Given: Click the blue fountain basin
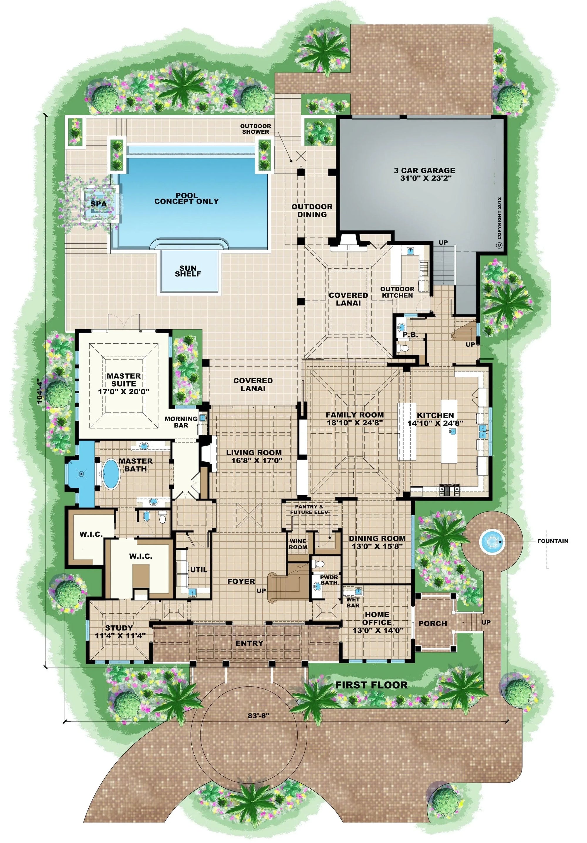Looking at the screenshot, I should (x=491, y=540).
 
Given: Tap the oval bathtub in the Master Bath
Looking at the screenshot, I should (x=111, y=474).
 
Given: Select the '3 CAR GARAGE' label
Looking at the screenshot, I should (x=424, y=174).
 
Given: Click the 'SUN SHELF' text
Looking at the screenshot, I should (x=188, y=271).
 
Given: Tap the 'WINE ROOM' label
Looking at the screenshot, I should (x=298, y=544).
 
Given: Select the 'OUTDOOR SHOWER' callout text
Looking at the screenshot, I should (x=255, y=129).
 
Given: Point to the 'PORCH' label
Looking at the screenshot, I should (x=433, y=623).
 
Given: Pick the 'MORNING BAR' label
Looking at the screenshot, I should (x=181, y=422).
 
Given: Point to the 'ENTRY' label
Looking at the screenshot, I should (x=249, y=643).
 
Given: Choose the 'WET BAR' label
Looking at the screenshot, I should (x=352, y=602).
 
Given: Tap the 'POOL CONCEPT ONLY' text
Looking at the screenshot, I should (x=186, y=199).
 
